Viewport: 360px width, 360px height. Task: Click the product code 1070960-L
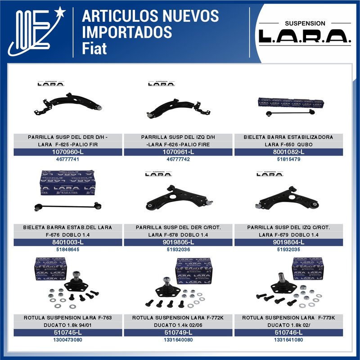tap(68, 152)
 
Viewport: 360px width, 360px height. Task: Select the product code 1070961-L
tap(178, 152)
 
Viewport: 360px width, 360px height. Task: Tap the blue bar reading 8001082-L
tap(289, 152)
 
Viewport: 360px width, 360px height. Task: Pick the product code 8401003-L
tap(68, 243)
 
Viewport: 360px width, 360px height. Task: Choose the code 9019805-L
tap(178, 243)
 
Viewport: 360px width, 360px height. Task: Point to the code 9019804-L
tap(289, 243)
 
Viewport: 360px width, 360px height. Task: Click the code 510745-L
tap(68, 333)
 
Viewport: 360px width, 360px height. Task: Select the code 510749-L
tap(178, 333)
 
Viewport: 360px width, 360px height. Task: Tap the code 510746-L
tap(289, 333)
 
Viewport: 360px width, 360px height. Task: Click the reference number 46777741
tap(68, 160)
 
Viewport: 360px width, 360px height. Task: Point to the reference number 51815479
tap(289, 160)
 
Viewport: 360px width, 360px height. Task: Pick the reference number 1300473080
tap(68, 340)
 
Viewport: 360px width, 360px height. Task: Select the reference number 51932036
tap(178, 250)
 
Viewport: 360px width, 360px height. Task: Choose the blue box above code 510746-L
tap(307, 269)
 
